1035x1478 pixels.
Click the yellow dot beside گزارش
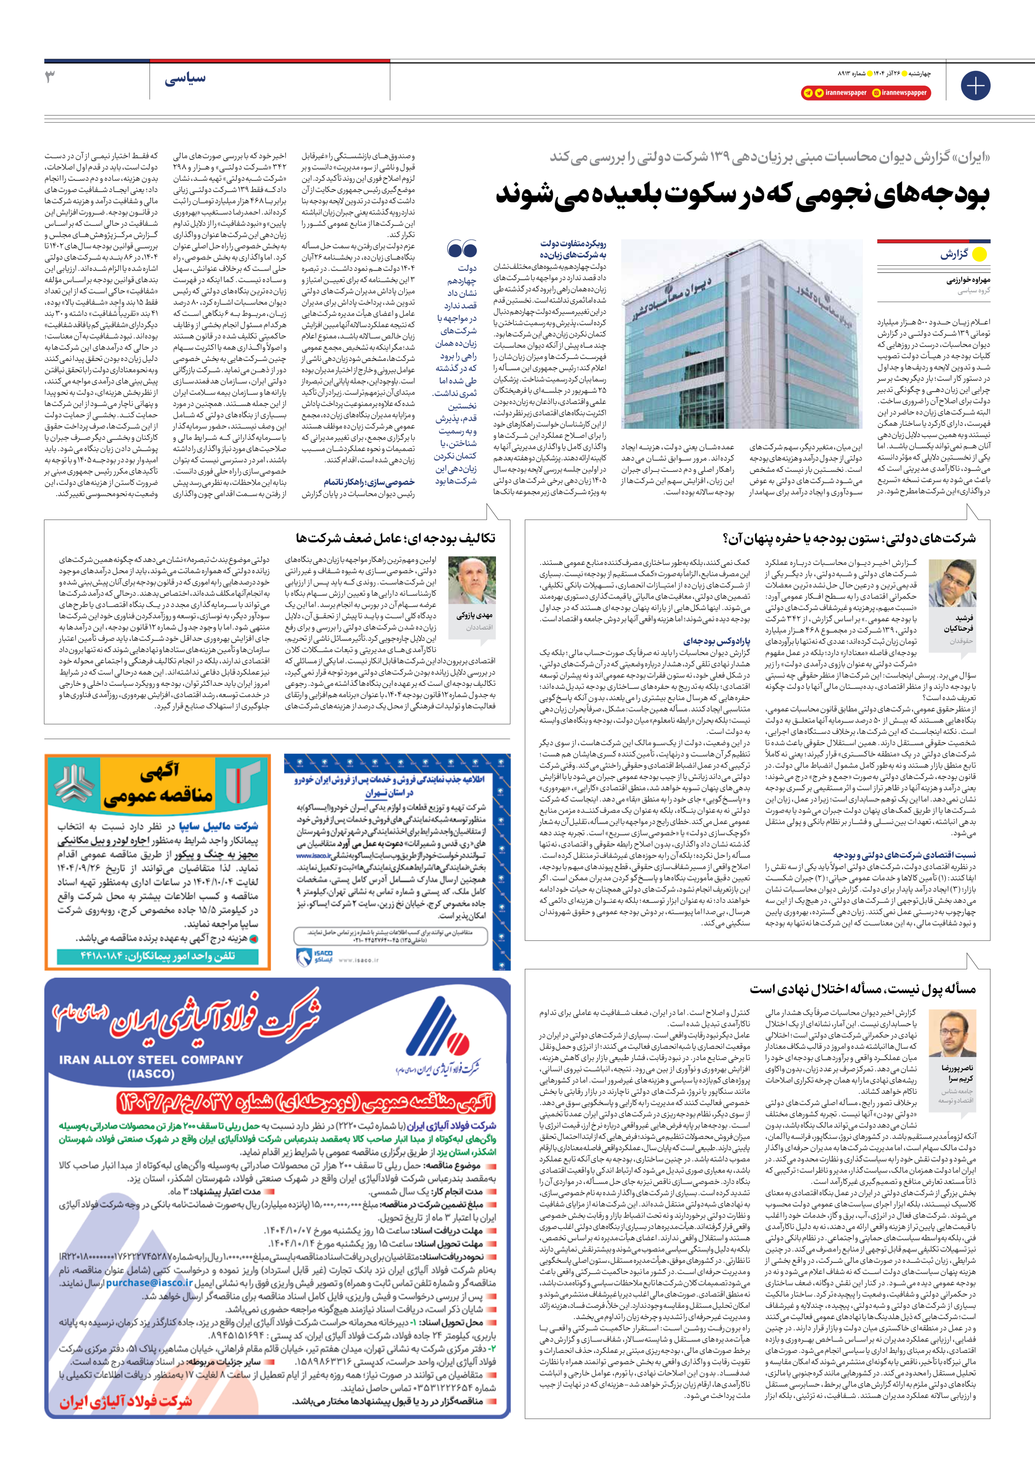point(979,254)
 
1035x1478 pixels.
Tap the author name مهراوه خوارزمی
point(968,280)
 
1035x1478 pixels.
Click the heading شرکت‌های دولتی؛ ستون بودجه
point(849,538)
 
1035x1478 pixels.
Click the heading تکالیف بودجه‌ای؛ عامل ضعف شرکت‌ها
point(395,538)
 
